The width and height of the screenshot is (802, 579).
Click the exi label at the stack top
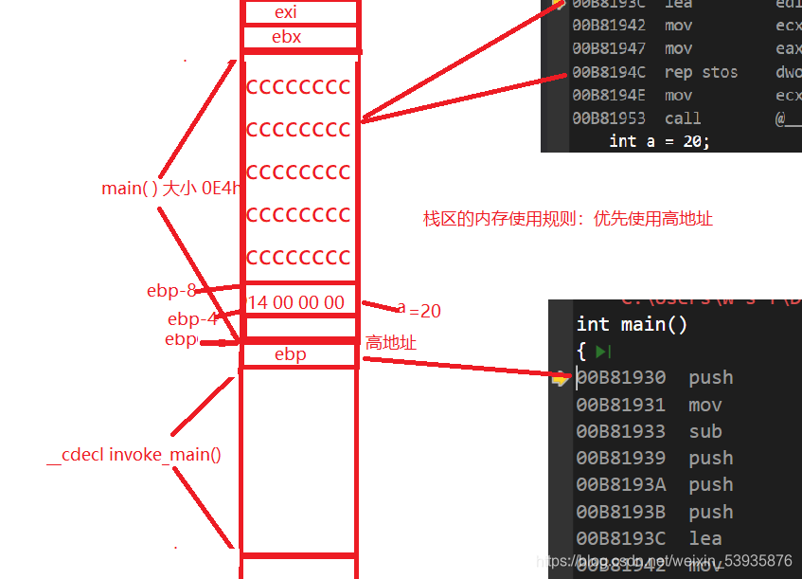285,12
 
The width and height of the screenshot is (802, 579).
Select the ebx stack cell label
286,38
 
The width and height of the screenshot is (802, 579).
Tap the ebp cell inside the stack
290,354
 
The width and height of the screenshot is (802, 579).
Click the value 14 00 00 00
296,303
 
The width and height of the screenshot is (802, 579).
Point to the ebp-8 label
170,291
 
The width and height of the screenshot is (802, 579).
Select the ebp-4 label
192,319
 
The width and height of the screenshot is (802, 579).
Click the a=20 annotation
419,310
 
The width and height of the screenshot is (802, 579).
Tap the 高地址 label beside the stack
390,342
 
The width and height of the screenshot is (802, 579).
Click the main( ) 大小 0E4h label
171,189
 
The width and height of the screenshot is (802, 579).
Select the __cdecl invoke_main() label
134,455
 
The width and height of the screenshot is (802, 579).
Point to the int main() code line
632,324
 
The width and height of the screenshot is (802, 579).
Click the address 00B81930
621,377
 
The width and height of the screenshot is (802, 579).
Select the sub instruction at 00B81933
705,431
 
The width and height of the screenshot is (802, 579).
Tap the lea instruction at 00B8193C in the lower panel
705,538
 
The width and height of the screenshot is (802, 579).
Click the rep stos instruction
701,72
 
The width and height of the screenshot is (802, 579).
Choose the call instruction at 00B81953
683,118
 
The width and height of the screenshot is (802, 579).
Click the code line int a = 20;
659,140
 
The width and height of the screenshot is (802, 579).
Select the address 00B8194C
609,72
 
